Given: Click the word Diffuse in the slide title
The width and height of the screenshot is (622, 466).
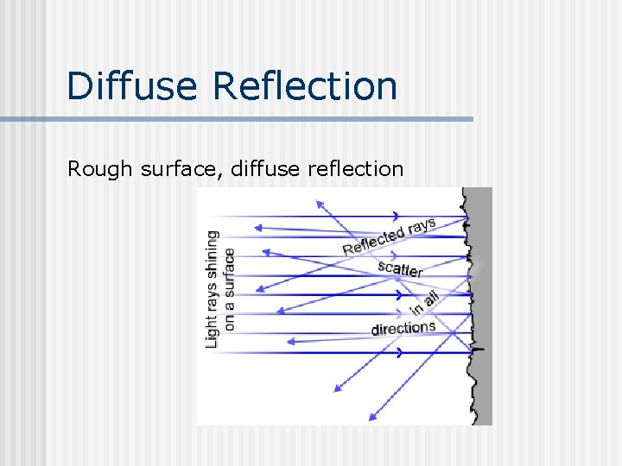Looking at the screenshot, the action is point(133,86).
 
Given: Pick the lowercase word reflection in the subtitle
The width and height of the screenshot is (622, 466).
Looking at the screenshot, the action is point(355,168).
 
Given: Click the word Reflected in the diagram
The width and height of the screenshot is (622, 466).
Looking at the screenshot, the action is point(373,240).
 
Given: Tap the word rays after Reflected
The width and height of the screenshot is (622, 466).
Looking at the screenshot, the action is point(422,226).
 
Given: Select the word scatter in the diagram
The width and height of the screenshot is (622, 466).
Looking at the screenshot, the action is point(400,269).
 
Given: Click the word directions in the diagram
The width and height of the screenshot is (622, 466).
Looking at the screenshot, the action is point(403,328).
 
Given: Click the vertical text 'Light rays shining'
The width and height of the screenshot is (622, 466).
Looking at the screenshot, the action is point(212,288).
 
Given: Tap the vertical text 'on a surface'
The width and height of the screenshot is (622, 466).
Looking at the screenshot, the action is point(229,288).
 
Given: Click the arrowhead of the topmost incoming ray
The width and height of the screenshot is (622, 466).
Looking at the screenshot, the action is point(396,215).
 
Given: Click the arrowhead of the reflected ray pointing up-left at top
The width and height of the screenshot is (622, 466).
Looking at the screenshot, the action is point(319,205).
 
